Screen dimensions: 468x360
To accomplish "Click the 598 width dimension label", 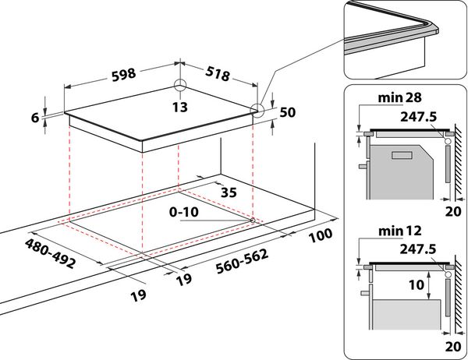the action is [x=124, y=75].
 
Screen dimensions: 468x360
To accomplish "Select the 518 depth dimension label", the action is [x=218, y=74].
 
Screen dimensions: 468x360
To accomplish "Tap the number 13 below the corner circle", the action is [x=180, y=107].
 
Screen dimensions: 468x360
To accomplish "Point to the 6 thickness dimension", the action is [x=35, y=118].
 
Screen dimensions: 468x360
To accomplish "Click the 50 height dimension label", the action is [x=288, y=112].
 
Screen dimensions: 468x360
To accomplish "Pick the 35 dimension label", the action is [x=229, y=192].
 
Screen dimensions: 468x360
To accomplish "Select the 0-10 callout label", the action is [x=183, y=212].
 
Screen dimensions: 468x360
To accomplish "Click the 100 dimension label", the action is [x=321, y=235].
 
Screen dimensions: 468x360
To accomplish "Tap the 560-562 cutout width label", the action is [x=242, y=262].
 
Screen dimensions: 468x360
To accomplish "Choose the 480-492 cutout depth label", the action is [x=50, y=253].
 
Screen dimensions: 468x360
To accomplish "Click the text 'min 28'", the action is [x=399, y=97].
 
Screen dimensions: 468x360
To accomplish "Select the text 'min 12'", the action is [x=399, y=231].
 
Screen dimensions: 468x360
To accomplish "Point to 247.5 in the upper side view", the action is [x=418, y=117].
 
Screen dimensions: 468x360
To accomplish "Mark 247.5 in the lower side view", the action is [x=418, y=249].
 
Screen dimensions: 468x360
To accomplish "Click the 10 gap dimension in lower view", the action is [x=416, y=285].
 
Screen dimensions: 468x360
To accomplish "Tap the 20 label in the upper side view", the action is [x=453, y=211].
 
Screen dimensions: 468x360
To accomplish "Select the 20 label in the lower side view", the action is [x=453, y=347].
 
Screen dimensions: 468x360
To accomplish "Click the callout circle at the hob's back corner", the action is [x=180, y=85].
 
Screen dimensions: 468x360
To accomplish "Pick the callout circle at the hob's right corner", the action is [x=257, y=111].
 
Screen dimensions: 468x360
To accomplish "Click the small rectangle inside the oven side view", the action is [x=402, y=155].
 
